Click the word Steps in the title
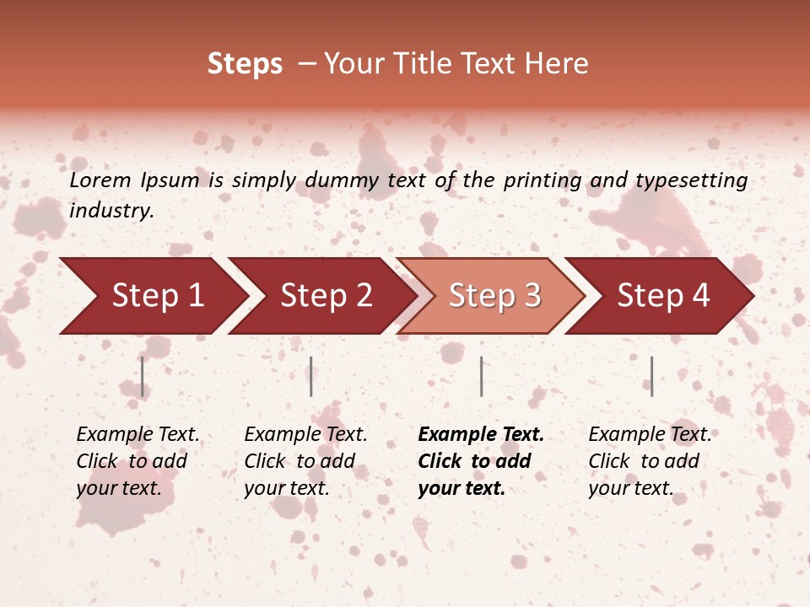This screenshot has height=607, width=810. click(x=245, y=64)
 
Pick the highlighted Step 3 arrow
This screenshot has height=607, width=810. click(x=494, y=296)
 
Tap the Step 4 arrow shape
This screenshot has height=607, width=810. click(x=663, y=296)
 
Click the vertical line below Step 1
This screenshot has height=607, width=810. click(x=143, y=376)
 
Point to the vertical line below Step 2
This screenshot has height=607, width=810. click(x=311, y=376)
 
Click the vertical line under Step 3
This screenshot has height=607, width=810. click(x=481, y=376)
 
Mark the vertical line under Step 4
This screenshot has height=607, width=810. click(x=651, y=376)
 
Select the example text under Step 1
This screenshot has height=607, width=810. click(x=138, y=461)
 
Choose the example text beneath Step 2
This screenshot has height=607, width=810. click(x=305, y=461)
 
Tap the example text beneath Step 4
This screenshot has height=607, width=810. click(x=650, y=461)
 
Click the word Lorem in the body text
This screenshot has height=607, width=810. click(x=100, y=180)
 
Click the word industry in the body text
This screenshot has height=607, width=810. click(x=111, y=211)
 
